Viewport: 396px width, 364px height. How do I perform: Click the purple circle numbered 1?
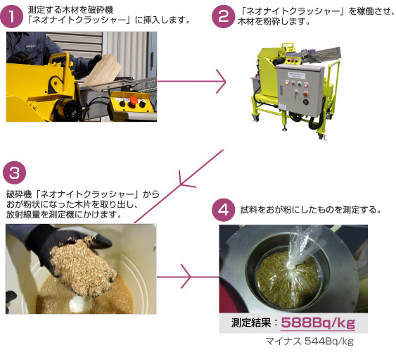click(x=11, y=16)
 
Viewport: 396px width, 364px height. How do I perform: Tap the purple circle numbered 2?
click(x=223, y=16)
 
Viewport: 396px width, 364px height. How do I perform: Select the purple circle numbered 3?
click(x=14, y=173)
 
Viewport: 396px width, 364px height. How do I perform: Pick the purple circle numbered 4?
click(x=224, y=210)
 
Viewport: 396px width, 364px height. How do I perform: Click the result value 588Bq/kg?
click(x=318, y=322)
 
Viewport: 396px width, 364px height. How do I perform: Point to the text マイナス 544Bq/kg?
click(x=309, y=341)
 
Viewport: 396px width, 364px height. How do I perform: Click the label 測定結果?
click(x=251, y=322)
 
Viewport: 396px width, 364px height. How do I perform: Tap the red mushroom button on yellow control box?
click(x=132, y=101)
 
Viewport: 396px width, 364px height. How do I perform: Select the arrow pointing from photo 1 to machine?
click(x=191, y=82)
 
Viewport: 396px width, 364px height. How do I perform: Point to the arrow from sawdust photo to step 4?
click(x=188, y=277)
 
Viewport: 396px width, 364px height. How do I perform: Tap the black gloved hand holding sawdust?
click(x=71, y=250)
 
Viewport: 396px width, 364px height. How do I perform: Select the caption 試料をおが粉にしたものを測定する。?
click(x=311, y=210)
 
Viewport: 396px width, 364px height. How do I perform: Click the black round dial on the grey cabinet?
click(x=306, y=102)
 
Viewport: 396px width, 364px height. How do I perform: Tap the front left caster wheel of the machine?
click(x=255, y=118)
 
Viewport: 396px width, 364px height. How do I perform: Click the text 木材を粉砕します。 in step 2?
click(x=274, y=22)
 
